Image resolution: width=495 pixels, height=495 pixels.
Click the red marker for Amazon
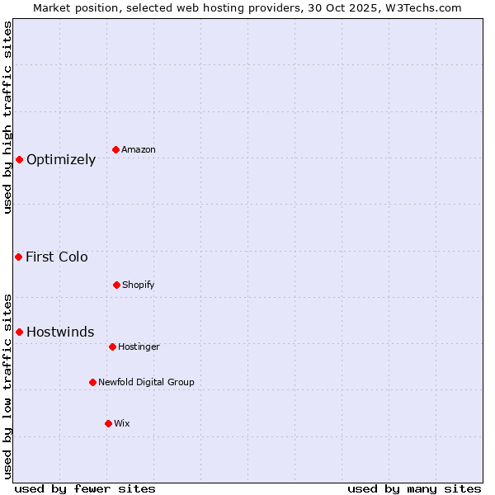tap(115, 149)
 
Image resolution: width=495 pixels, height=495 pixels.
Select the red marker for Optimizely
tap(19, 159)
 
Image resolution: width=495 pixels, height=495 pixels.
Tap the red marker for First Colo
tap(18, 257)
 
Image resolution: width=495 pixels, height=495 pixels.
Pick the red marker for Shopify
tap(116, 285)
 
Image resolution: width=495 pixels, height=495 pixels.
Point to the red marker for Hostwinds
tap(19, 332)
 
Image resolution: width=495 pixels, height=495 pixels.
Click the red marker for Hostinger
tap(112, 346)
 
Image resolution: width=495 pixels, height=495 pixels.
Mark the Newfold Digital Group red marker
tap(92, 382)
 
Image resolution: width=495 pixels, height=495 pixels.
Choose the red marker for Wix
tap(108, 423)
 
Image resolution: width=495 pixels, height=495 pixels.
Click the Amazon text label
tap(139, 150)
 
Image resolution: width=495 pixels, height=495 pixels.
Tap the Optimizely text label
tap(61, 160)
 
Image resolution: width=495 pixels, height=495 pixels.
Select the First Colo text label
tap(57, 257)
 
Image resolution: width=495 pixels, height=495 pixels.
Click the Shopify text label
tap(139, 285)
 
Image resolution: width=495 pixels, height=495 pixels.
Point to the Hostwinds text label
tap(60, 332)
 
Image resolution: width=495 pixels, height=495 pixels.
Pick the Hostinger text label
tap(139, 347)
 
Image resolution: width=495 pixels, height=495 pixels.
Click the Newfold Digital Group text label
tap(146, 383)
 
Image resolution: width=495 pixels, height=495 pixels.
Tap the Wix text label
tap(122, 424)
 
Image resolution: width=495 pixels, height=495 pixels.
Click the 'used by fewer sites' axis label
tap(85, 488)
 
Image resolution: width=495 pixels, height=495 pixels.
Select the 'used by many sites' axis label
tap(414, 488)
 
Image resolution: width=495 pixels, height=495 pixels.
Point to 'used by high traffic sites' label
tap(7, 117)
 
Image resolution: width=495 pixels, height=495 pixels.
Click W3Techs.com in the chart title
tap(420, 7)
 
